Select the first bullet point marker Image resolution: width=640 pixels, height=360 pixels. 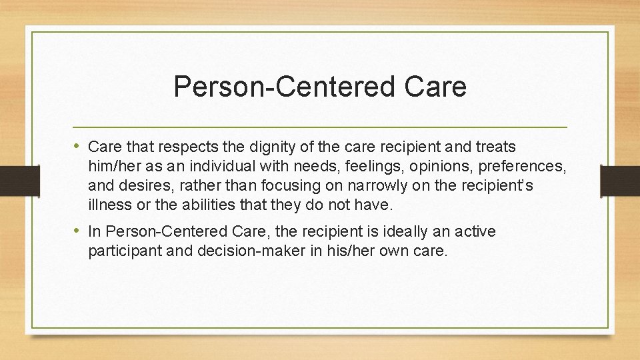pyautogui.click(x=79, y=146)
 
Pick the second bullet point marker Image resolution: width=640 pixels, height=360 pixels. pyautogui.click(x=79, y=231)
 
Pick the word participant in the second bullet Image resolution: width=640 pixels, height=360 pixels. pyautogui.click(x=122, y=251)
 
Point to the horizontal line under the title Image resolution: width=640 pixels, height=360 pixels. pyautogui.click(x=320, y=127)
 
